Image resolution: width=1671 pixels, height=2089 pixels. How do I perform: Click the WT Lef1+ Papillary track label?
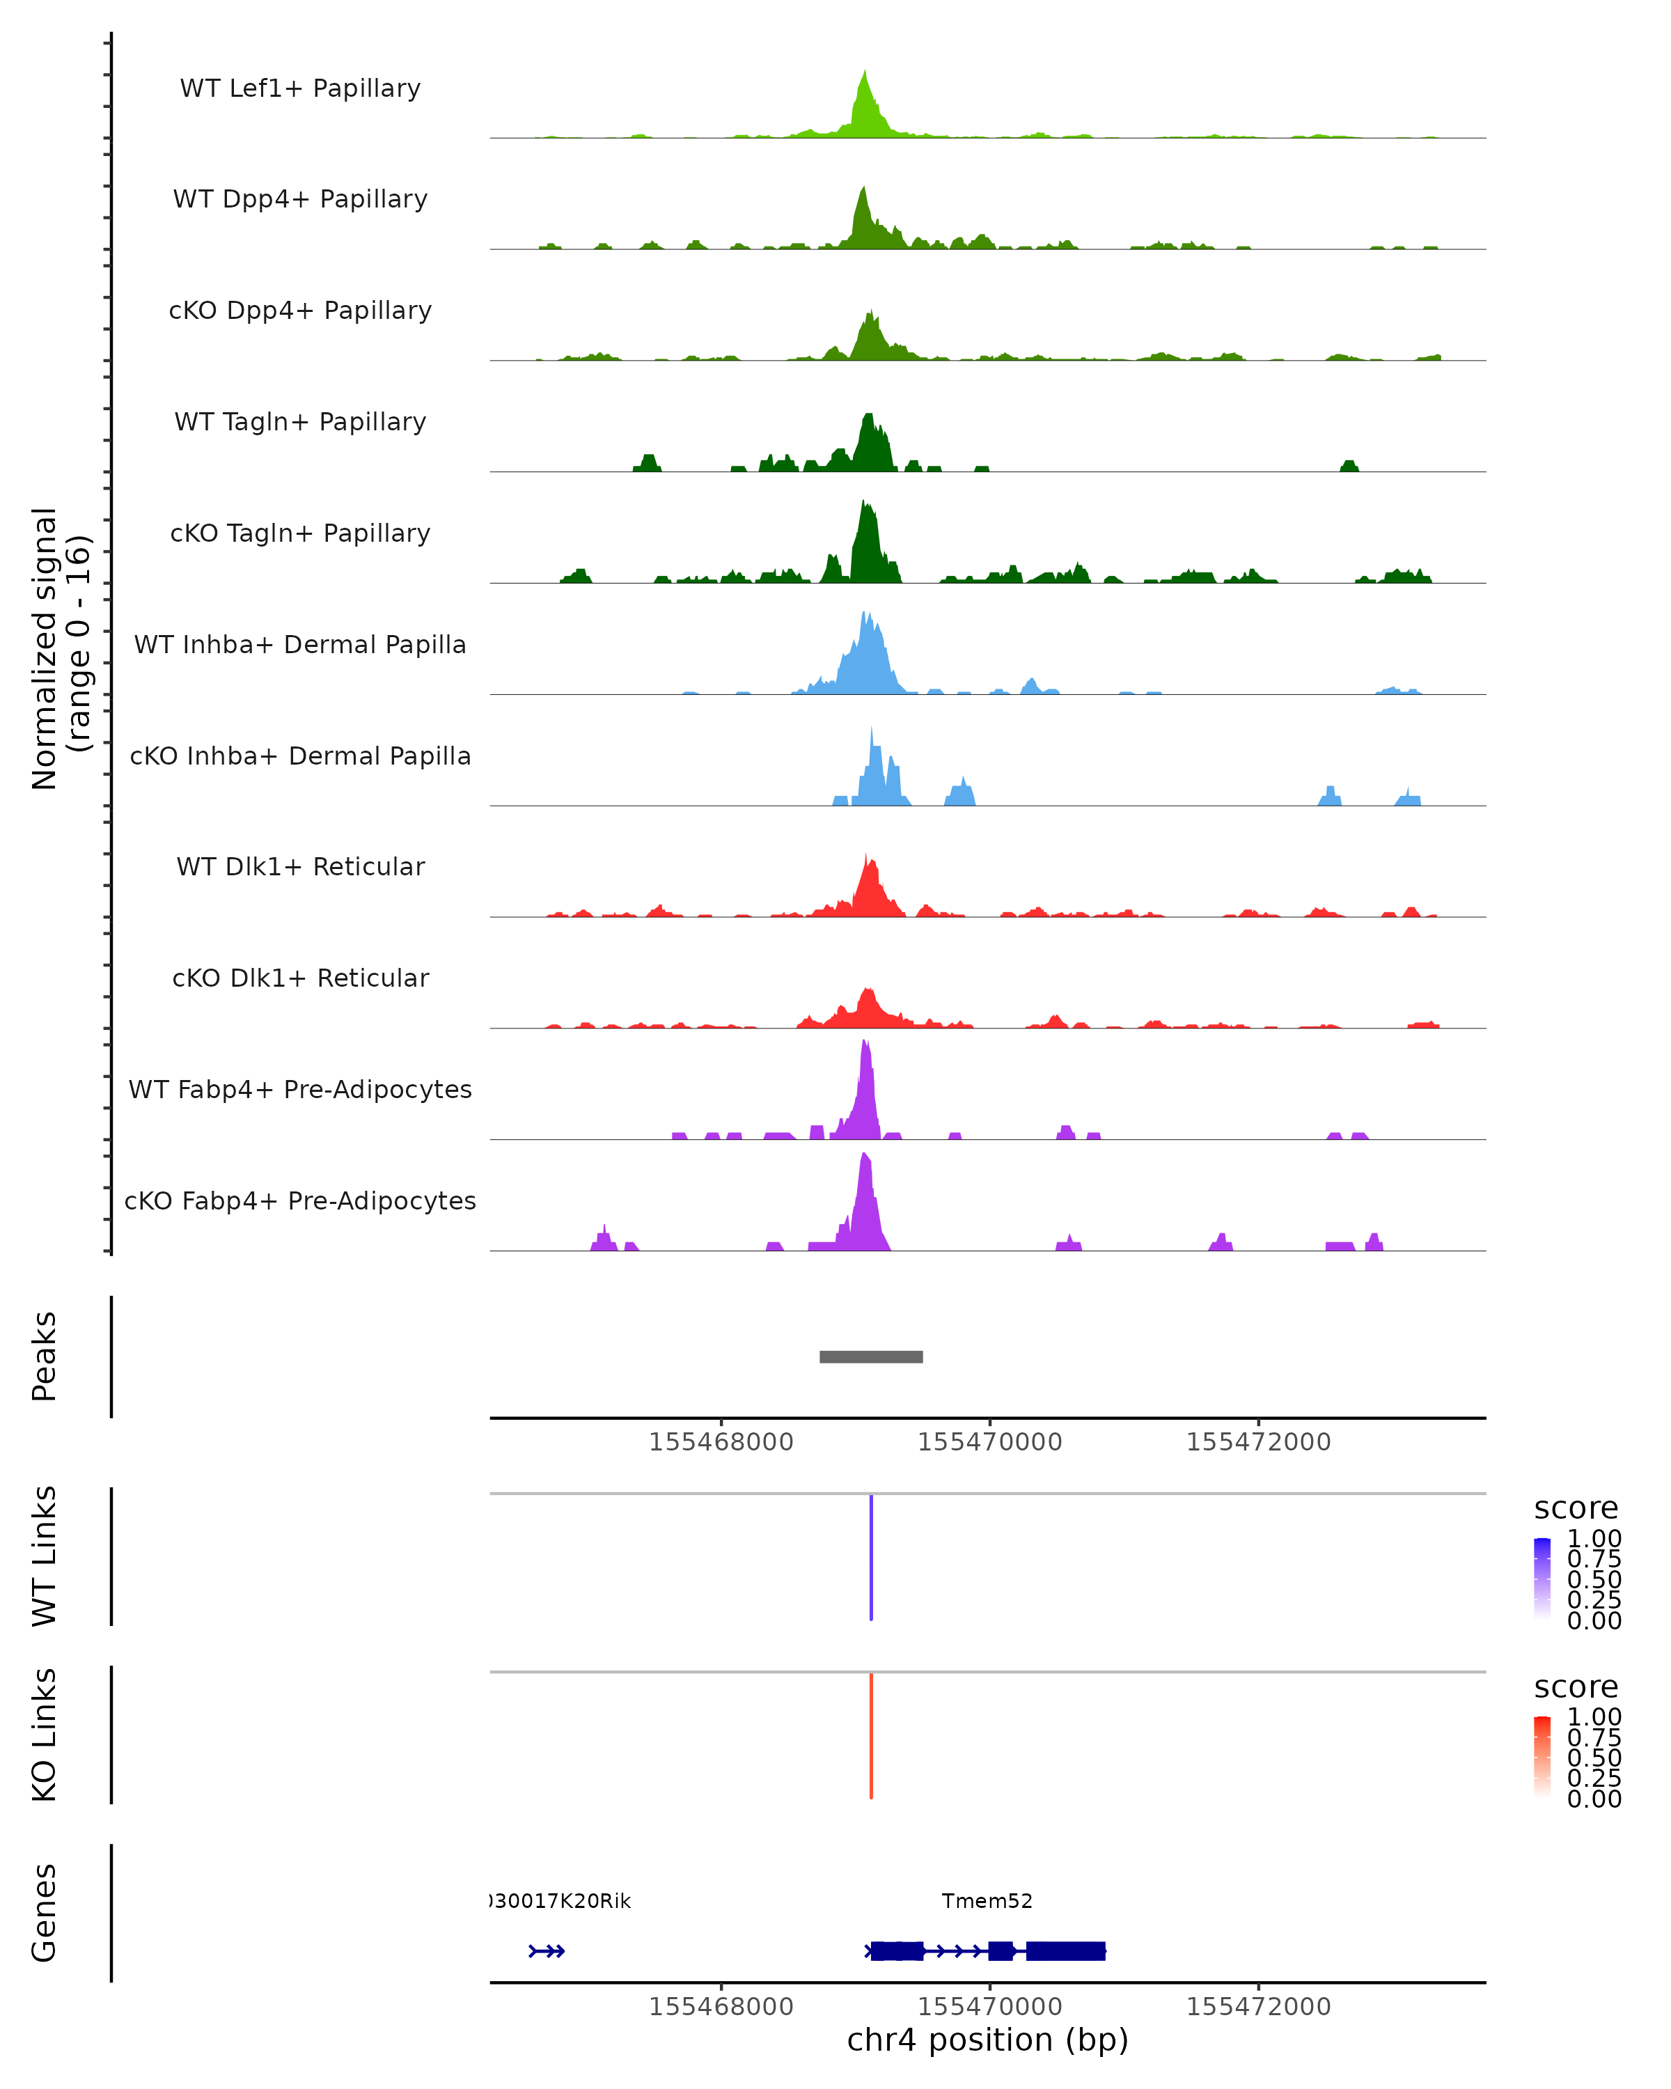300,88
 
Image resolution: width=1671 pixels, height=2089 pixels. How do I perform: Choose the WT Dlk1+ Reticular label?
300,866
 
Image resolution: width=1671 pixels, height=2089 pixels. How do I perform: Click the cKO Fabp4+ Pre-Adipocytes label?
300,1200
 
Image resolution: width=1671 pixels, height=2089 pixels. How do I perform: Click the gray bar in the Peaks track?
871,1356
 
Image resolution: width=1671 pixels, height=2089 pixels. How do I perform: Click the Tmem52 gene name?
987,1901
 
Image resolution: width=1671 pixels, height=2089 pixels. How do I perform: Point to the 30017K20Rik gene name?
560,1901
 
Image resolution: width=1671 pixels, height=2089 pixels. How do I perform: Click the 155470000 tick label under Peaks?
990,1442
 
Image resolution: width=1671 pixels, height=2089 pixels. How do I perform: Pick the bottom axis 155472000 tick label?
1258,2007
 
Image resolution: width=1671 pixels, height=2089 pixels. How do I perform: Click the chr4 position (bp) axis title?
987,2040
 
